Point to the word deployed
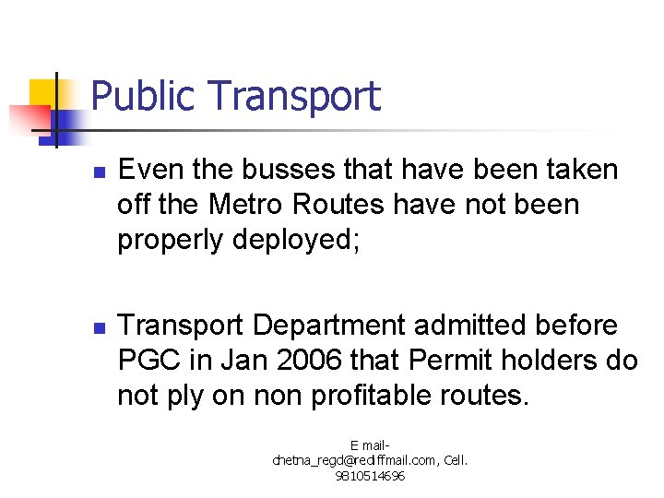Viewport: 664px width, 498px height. [300, 240]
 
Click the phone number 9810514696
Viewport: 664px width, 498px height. [370, 477]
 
